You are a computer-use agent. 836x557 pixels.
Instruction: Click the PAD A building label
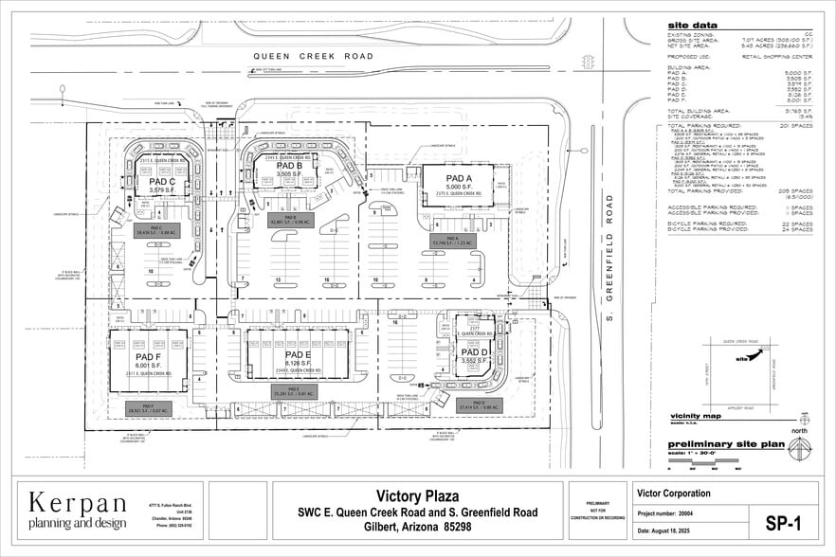click(459, 178)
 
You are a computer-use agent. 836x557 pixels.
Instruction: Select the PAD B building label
click(288, 166)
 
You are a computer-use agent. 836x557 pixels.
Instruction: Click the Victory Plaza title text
click(418, 495)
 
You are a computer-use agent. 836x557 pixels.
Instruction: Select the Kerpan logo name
click(78, 502)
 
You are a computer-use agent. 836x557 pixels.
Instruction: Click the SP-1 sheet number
click(783, 522)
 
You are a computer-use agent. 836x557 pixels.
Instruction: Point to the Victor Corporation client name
click(674, 493)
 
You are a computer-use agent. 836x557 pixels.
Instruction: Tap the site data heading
click(692, 26)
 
